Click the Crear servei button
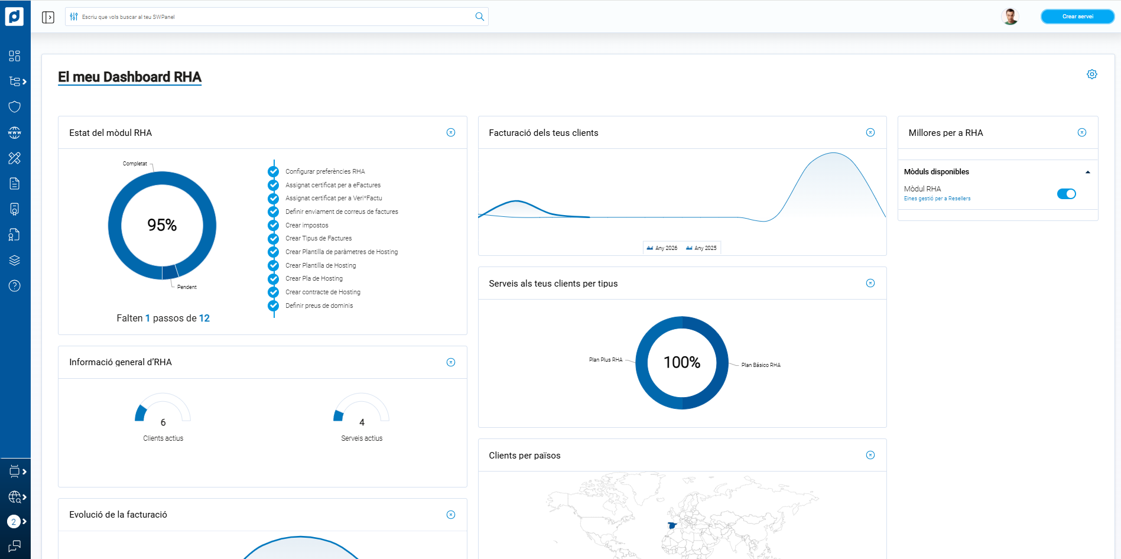tap(1077, 17)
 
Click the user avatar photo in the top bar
tap(1010, 17)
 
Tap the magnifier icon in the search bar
tap(480, 17)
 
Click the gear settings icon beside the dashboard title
tap(1092, 74)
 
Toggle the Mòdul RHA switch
tap(1066, 194)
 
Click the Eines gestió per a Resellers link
tap(937, 199)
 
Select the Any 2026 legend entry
tap(662, 248)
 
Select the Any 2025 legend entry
tap(701, 248)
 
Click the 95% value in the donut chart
tap(162, 225)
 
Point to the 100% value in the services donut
tap(682, 362)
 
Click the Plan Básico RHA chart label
tap(761, 365)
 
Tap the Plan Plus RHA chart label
tap(606, 360)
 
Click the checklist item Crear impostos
tap(307, 225)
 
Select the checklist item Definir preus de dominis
tap(319, 305)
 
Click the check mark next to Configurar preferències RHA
tap(273, 171)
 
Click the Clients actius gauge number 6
tap(163, 422)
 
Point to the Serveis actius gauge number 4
tap(362, 422)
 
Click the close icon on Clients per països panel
tap(870, 455)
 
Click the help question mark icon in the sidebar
tap(15, 286)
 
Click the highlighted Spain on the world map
tap(672, 525)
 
